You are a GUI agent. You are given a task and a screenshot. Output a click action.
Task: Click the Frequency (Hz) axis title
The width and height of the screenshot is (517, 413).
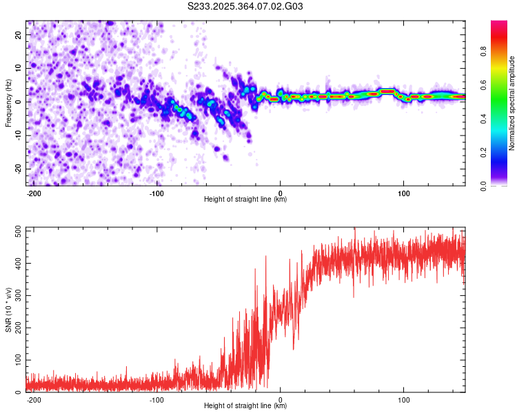pos(8,101)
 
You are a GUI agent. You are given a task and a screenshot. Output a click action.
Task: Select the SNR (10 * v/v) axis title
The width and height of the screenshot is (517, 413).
pos(8,308)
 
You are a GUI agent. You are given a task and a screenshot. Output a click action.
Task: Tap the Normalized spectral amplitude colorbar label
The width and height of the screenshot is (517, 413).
pos(512,103)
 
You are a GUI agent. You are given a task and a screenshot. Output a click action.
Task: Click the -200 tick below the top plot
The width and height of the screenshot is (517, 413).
pos(33,193)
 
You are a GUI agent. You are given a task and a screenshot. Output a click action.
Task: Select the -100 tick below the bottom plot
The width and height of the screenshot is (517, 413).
pos(156,399)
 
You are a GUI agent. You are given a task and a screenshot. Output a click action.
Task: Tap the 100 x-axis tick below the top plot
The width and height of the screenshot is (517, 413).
pos(403,193)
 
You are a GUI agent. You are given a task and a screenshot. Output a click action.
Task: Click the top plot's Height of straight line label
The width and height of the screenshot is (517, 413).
pos(245,200)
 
